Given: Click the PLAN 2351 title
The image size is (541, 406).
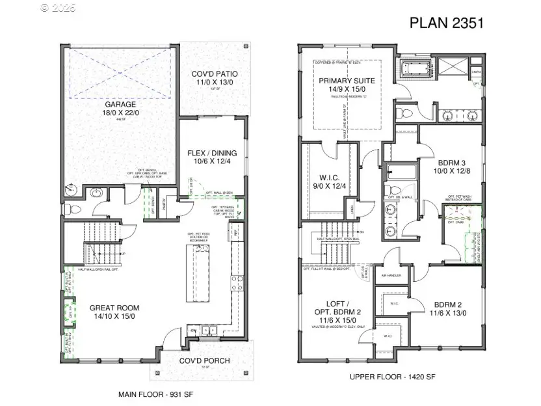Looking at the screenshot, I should click(x=446, y=23).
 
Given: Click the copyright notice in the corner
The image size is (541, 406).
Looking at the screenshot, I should click(x=58, y=8).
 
